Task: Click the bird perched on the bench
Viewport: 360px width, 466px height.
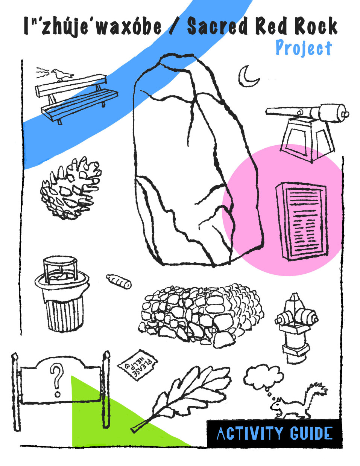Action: coord(59,75)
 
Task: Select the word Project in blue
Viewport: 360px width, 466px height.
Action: coord(303,48)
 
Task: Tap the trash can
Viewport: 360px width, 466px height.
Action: coord(62,294)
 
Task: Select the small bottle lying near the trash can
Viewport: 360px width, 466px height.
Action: coord(118,281)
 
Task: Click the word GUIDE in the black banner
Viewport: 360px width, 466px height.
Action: coord(311,433)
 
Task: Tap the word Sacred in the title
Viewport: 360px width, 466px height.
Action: coord(218,27)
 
